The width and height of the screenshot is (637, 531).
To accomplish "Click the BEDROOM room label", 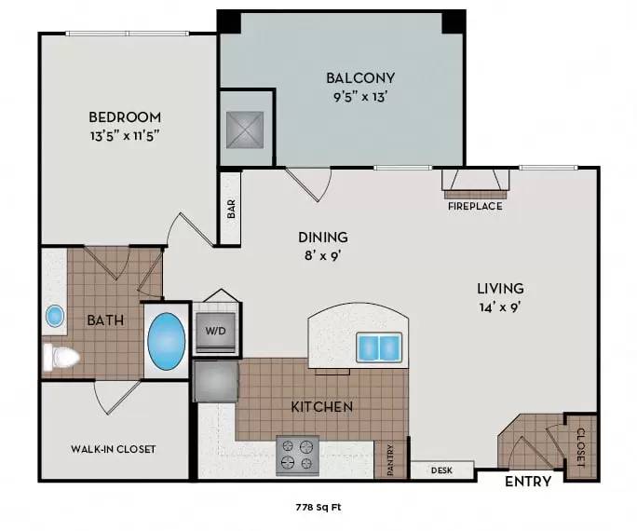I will (125, 117).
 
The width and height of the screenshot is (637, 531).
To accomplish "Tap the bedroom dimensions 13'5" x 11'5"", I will (125, 134).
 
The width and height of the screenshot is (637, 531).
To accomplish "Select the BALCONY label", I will (360, 77).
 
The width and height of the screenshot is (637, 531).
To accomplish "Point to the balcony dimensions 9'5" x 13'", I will (360, 94).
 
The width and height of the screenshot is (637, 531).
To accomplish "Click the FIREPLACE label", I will (476, 206).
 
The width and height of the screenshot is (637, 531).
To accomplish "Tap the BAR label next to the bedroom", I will (230, 209).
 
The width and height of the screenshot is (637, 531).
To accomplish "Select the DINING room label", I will (323, 237).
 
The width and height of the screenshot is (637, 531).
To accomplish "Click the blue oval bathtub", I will (167, 341).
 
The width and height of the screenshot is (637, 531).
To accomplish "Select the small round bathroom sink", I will (55, 317).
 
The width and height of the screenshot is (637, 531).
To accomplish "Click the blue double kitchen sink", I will (379, 347).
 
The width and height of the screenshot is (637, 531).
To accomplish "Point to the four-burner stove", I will (297, 455).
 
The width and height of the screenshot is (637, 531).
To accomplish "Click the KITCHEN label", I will (322, 407).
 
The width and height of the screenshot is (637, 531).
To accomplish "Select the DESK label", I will (441, 470).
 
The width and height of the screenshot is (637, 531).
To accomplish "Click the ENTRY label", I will (527, 482).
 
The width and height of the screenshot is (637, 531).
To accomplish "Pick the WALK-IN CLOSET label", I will (114, 449).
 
